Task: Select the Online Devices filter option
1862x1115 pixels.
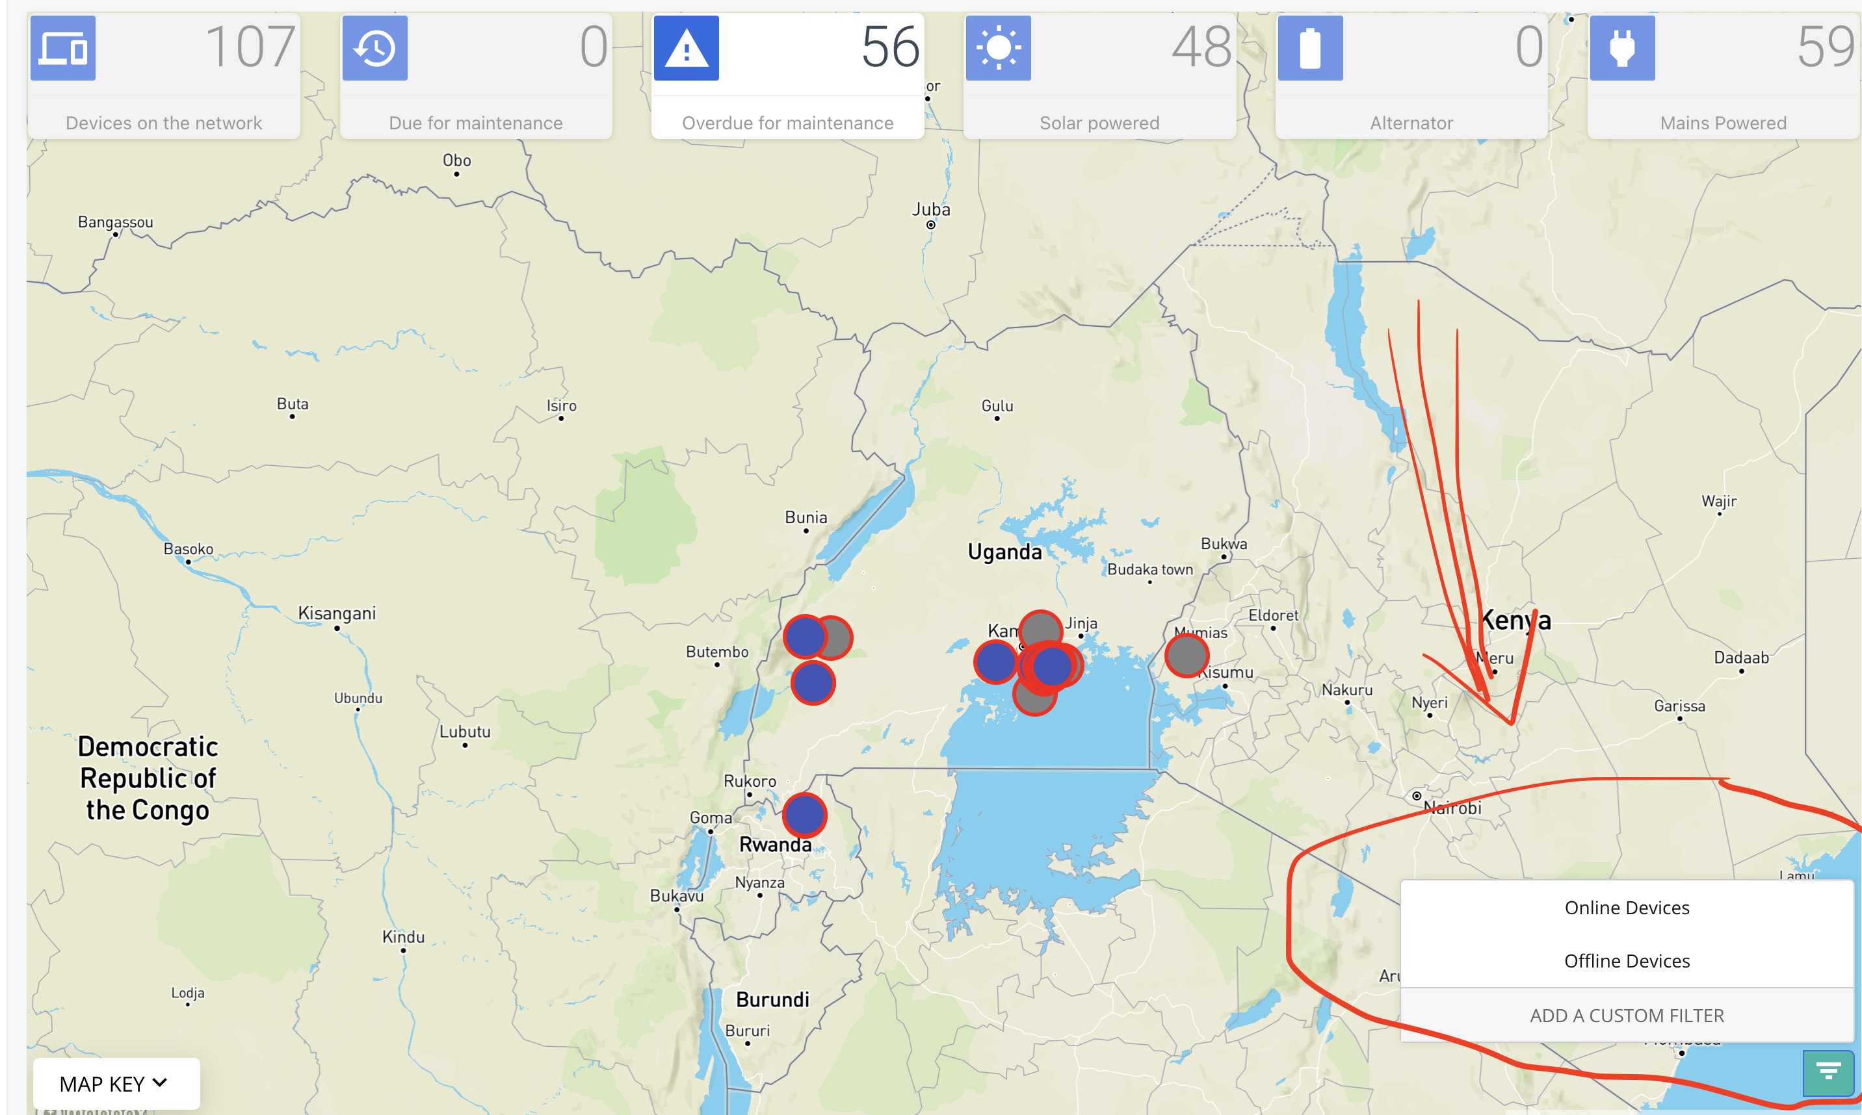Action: point(1626,908)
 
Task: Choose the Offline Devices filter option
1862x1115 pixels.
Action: point(1626,961)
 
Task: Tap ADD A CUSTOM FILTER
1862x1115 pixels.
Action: point(1626,1015)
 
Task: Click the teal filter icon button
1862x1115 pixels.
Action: point(1828,1071)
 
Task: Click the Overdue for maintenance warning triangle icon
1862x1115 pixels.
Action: point(685,48)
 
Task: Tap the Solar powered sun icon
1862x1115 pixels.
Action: point(997,48)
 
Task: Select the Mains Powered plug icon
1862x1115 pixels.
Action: point(1621,48)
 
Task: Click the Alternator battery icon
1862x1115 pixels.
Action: point(1309,48)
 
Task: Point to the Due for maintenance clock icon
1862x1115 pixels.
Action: point(374,48)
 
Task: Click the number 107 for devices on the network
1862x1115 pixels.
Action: point(250,47)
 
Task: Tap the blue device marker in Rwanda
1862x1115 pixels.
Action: point(804,814)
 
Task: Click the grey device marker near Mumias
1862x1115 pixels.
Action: point(1187,654)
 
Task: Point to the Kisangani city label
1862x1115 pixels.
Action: point(337,613)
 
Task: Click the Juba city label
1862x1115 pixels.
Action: point(930,210)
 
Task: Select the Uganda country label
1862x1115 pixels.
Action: point(1004,552)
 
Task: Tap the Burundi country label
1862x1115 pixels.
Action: point(772,1000)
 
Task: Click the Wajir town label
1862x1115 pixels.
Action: point(1718,501)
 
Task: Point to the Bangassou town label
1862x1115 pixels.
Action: point(116,222)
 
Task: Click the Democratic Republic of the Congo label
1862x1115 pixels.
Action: point(148,778)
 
